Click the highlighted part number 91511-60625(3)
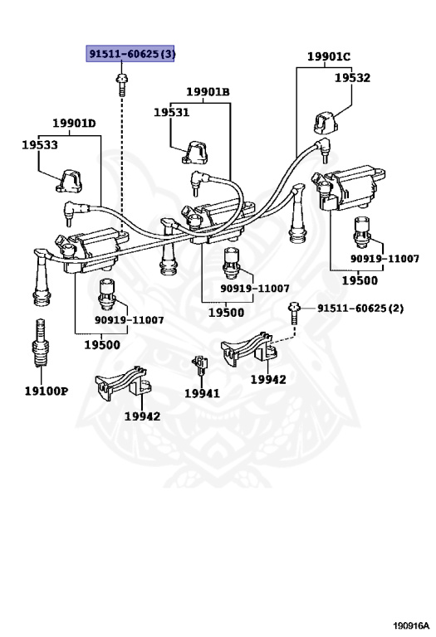coord(130,53)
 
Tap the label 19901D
coord(74,123)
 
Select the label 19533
coord(40,144)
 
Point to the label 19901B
coord(208,92)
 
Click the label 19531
coord(171,112)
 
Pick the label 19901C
coord(329,56)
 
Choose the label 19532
coord(352,78)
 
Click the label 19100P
coord(47,391)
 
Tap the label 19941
coord(202,393)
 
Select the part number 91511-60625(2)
coord(360,309)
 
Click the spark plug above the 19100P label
coord(41,343)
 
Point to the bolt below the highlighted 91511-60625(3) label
coord(121,84)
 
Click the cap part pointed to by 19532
coord(326,123)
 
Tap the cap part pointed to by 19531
coord(195,153)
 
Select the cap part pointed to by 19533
coord(69,181)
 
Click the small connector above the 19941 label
coord(199,365)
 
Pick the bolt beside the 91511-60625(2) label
coord(294,313)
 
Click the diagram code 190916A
coord(411,625)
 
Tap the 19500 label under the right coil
coord(360,280)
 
